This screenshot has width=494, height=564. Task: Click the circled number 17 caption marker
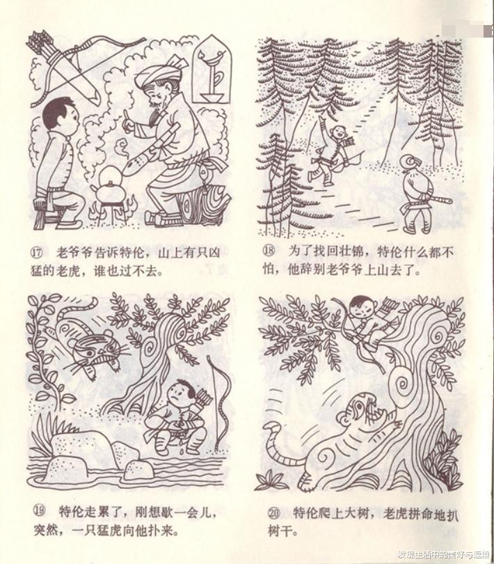pyautogui.click(x=37, y=253)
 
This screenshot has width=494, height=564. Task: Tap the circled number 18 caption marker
pyautogui.click(x=269, y=250)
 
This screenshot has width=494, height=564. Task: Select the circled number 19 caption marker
pyautogui.click(x=40, y=510)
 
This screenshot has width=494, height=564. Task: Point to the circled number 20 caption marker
pyautogui.click(x=274, y=513)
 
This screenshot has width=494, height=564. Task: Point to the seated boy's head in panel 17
pyautogui.click(x=59, y=115)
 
